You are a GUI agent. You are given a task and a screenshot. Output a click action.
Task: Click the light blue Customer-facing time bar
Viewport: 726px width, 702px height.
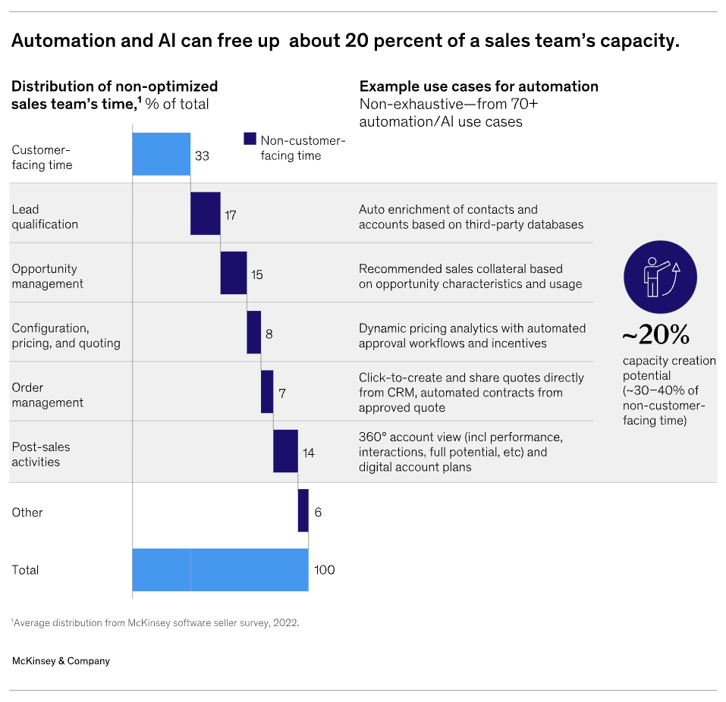161,154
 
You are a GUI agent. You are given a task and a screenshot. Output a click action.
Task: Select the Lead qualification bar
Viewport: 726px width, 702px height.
205,214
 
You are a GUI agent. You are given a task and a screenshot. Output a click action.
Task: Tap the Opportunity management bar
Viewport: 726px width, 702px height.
233,273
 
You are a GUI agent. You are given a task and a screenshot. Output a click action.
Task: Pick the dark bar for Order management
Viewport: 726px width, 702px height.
267,391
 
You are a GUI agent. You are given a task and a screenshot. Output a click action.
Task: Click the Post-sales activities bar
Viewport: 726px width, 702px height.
285,451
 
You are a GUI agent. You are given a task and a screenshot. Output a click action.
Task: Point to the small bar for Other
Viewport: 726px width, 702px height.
303,510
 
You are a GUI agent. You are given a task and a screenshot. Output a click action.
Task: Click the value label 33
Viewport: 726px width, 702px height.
202,156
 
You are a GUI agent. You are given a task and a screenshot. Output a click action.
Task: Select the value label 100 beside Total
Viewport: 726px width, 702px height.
324,570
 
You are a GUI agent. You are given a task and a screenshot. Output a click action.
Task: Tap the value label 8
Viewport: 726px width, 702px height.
269,334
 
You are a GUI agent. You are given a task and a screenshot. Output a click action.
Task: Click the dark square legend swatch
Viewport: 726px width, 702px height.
250,139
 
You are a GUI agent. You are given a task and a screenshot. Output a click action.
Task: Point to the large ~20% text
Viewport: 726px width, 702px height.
655,335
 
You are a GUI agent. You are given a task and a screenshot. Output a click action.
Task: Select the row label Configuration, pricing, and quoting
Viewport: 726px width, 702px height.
66,335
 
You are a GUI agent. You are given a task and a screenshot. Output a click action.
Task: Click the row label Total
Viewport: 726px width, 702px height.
25,570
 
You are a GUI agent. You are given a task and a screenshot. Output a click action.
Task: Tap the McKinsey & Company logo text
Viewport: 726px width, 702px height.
61,661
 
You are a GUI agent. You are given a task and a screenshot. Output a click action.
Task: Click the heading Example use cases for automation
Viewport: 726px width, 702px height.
479,86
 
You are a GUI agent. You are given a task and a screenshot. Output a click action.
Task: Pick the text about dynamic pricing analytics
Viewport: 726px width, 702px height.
472,335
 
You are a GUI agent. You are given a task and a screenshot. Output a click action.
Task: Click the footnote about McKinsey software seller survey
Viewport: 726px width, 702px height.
155,623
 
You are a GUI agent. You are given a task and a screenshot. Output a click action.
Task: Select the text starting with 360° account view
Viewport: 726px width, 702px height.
460,452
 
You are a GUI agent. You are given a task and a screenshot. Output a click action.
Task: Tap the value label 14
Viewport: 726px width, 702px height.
308,453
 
